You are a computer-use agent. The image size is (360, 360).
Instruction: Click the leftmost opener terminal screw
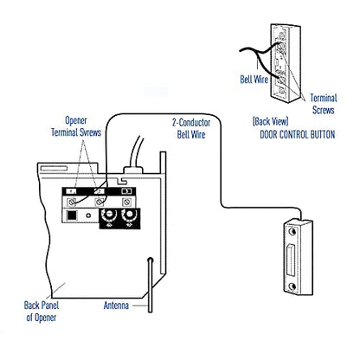71,202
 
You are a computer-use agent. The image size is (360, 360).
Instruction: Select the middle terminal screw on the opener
100,202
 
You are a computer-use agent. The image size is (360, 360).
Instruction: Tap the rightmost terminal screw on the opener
126,202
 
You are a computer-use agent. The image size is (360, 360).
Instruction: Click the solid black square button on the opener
72,215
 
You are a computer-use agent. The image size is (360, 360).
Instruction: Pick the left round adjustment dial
109,215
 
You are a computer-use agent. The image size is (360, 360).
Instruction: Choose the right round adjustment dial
129,215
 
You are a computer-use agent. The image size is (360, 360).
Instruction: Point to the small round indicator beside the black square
89,215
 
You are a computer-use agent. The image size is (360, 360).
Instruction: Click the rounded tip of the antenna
150,260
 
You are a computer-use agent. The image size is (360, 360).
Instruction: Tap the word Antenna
116,305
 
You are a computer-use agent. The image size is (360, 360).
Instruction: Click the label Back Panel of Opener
42,312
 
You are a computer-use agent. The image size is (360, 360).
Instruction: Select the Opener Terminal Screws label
76,126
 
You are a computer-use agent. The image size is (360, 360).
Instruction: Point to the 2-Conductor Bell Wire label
191,129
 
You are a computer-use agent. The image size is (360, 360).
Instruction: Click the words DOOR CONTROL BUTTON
298,135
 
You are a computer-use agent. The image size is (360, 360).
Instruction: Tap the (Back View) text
270,121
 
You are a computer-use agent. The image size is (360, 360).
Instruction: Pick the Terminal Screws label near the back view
324,104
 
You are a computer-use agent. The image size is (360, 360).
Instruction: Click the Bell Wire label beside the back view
254,80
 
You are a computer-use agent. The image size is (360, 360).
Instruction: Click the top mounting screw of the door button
292,231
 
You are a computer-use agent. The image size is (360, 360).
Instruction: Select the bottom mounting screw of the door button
292,286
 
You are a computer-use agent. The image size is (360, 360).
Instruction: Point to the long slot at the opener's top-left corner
54,168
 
